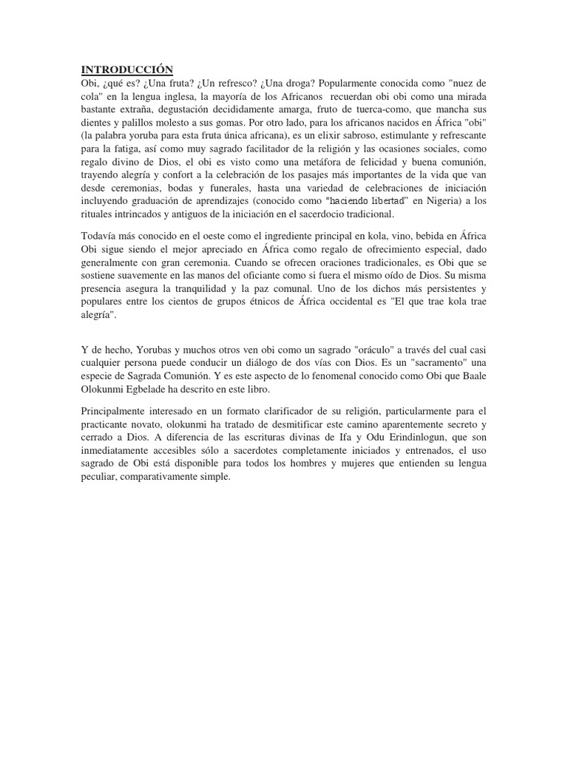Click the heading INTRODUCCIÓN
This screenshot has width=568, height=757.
tap(126, 69)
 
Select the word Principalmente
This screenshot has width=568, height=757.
tap(113, 411)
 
